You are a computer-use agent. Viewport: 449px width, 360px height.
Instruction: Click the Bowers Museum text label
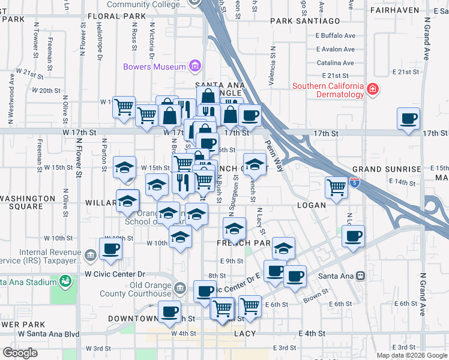(154, 67)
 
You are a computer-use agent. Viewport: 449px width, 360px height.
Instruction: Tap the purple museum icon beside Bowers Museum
(194, 65)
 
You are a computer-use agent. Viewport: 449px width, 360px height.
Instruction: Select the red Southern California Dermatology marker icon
(373, 90)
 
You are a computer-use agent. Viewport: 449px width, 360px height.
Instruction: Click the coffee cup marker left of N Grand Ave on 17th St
(409, 118)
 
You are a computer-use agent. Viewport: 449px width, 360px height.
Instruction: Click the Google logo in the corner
(20, 353)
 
